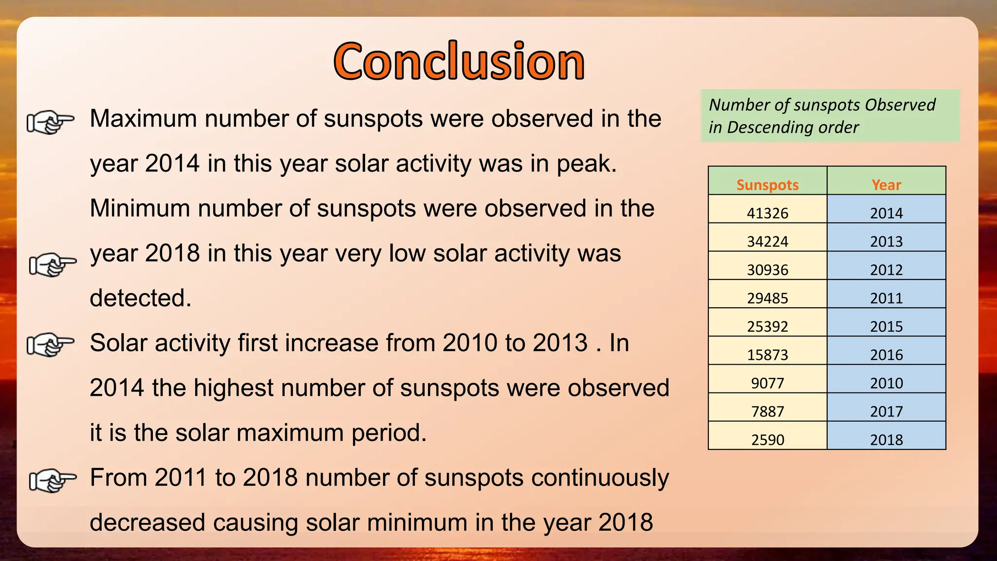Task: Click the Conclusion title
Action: pyautogui.click(x=459, y=61)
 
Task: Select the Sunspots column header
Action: pyautogui.click(x=767, y=185)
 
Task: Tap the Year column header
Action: pyautogui.click(x=886, y=185)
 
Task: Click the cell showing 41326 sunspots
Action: pyautogui.click(x=767, y=213)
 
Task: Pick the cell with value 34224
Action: pyautogui.click(x=767, y=241)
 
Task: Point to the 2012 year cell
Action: pyautogui.click(x=886, y=269)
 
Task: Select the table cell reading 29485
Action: pyautogui.click(x=767, y=298)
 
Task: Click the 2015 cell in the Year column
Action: pyautogui.click(x=886, y=326)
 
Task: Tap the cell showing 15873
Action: pyautogui.click(x=767, y=354)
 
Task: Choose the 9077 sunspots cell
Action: pyautogui.click(x=767, y=383)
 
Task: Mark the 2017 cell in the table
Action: pyautogui.click(x=886, y=411)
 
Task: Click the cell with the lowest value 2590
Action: pyautogui.click(x=767, y=439)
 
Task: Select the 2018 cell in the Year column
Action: pyautogui.click(x=886, y=439)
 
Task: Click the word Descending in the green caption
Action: pyautogui.click(x=793, y=128)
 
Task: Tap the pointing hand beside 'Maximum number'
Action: pyautogui.click(x=50, y=122)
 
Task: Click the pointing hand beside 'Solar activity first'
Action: pyautogui.click(x=50, y=345)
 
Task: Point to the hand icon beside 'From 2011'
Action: pyautogui.click(x=53, y=480)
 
